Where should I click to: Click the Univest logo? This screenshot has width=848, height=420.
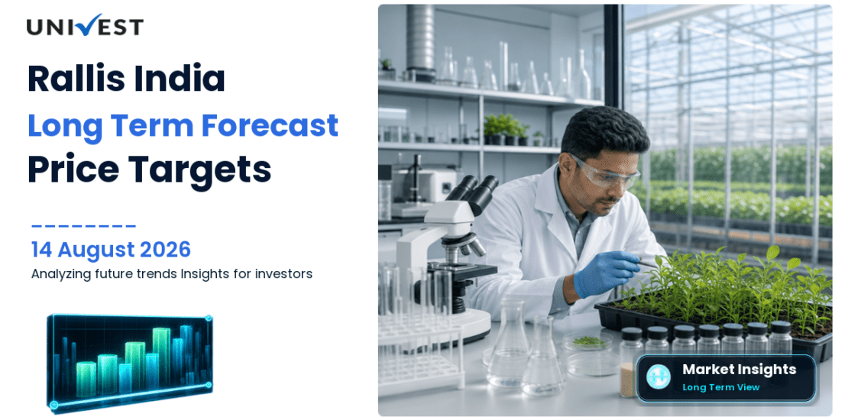[x=85, y=26]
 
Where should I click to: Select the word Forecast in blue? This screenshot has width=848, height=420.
[x=270, y=125]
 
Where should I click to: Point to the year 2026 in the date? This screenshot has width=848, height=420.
[x=166, y=250]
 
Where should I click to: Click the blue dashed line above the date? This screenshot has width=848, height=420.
[x=83, y=225]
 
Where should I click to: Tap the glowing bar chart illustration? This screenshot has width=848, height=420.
[x=130, y=362]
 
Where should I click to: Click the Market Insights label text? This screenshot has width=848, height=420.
[x=739, y=370]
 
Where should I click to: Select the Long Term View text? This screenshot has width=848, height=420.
[x=721, y=387]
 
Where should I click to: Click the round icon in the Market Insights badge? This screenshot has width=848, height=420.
[x=659, y=377]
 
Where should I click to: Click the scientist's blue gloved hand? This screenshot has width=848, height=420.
[x=606, y=273]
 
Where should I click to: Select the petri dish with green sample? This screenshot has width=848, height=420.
[x=587, y=341]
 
